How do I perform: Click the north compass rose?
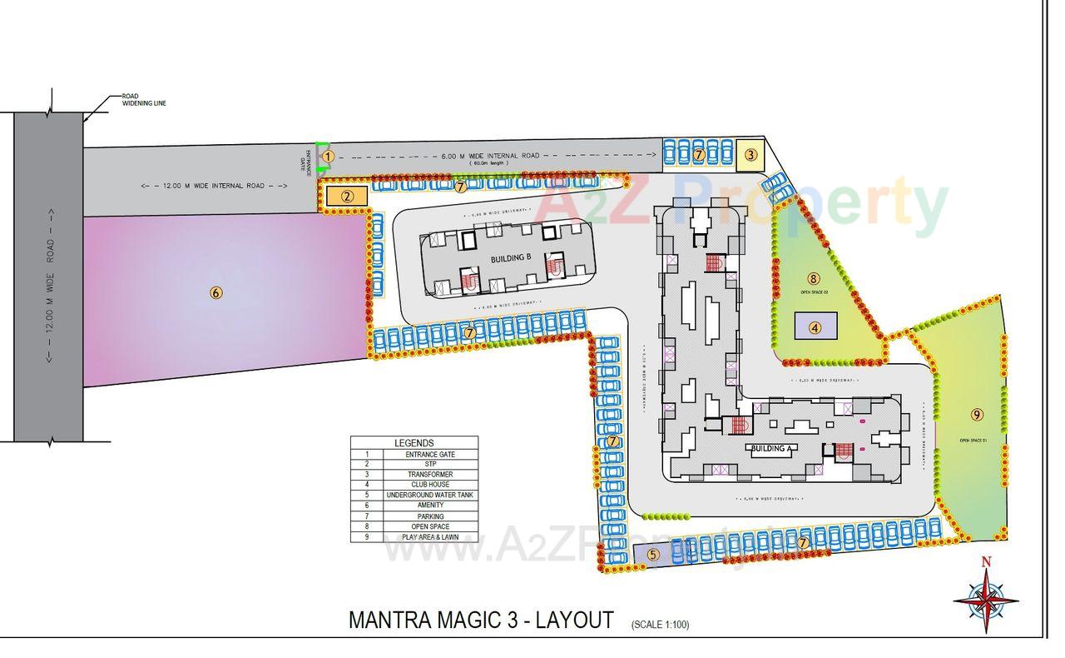point(986,598)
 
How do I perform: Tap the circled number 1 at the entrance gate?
point(328,156)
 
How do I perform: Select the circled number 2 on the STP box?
point(348,197)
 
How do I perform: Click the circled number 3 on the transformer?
point(750,154)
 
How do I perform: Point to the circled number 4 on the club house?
point(815,328)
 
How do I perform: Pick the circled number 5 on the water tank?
point(652,554)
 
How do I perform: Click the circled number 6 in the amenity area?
point(216,292)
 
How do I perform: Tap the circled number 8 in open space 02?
point(813,279)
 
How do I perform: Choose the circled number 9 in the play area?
point(977,414)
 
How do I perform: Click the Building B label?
point(510,258)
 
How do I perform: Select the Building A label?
point(770,448)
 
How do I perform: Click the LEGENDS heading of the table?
point(414,443)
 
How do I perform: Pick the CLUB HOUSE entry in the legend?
point(430,485)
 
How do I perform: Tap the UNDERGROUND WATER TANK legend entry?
point(430,496)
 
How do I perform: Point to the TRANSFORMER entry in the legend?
point(430,475)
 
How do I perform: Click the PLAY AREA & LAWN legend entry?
point(430,537)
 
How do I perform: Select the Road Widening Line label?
point(144,99)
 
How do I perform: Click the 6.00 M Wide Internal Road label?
point(490,156)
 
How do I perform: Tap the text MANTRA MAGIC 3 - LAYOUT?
point(481,621)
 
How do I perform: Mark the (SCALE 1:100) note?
point(660,624)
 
